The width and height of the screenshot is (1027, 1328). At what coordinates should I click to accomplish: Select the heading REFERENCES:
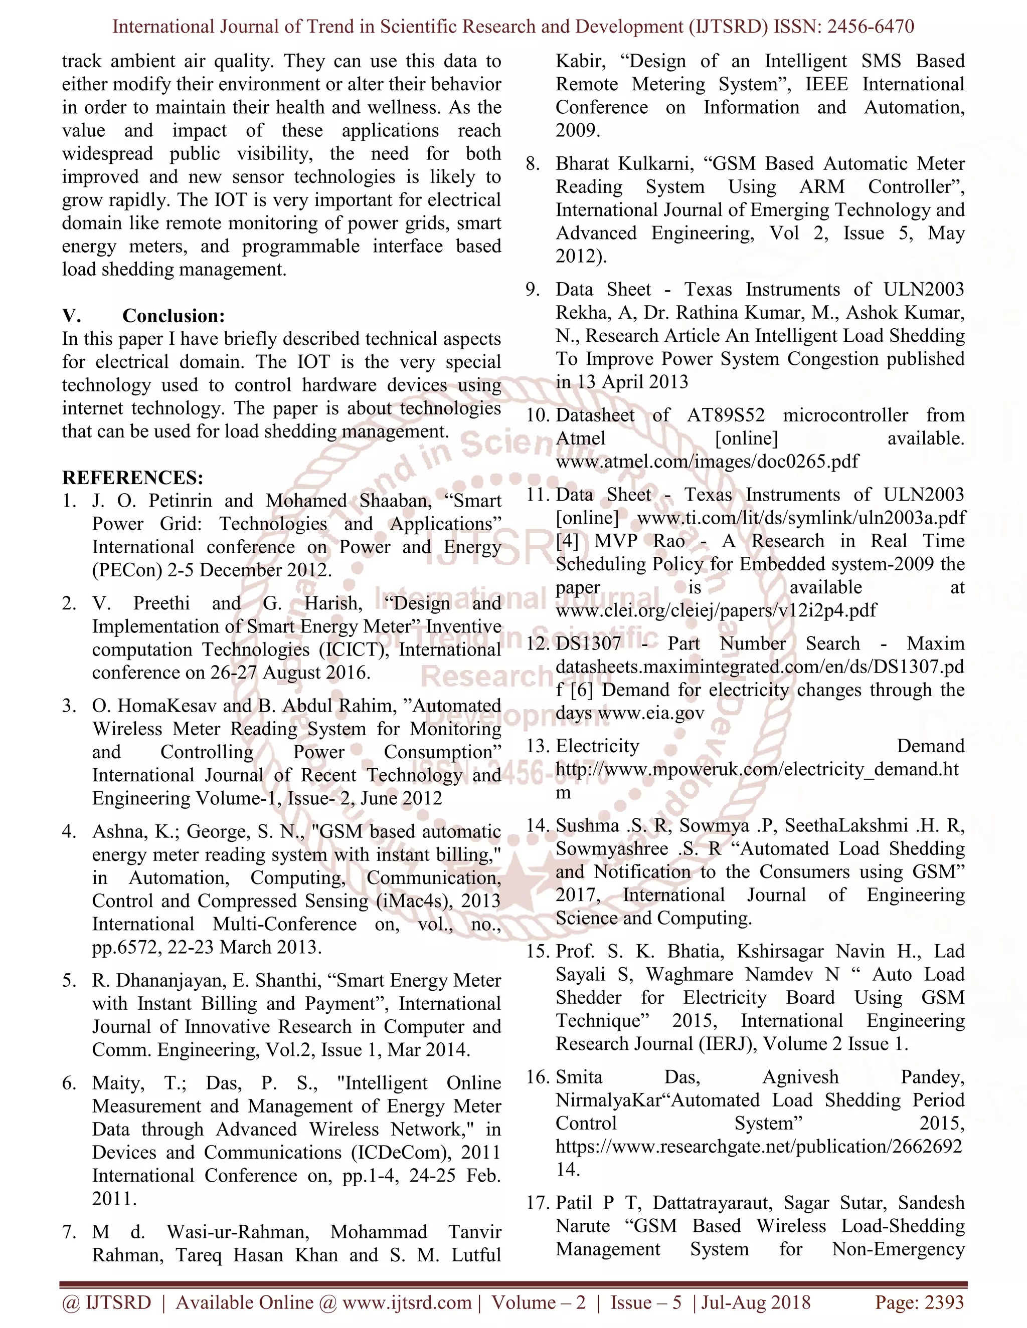click(x=132, y=477)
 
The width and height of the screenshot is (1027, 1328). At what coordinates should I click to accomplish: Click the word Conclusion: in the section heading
click(x=174, y=316)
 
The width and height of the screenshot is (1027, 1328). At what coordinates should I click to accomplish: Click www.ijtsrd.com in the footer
click(x=406, y=1302)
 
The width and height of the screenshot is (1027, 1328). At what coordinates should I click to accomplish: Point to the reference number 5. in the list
click(x=69, y=980)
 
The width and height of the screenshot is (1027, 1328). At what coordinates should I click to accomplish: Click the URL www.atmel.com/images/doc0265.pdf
click(x=707, y=461)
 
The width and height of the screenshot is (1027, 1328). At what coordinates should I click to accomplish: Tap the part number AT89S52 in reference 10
click(x=725, y=415)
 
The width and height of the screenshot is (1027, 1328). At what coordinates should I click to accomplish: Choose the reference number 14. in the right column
click(x=538, y=826)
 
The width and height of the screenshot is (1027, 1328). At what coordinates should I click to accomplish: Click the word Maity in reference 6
click(x=118, y=1083)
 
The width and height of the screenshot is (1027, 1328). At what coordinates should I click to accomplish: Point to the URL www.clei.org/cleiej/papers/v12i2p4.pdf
click(x=716, y=610)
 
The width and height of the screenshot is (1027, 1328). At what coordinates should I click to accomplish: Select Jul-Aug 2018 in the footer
click(x=756, y=1302)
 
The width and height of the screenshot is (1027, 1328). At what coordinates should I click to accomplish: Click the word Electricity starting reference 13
click(x=597, y=746)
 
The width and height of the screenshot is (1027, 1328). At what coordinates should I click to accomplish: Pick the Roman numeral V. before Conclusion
click(x=71, y=316)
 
